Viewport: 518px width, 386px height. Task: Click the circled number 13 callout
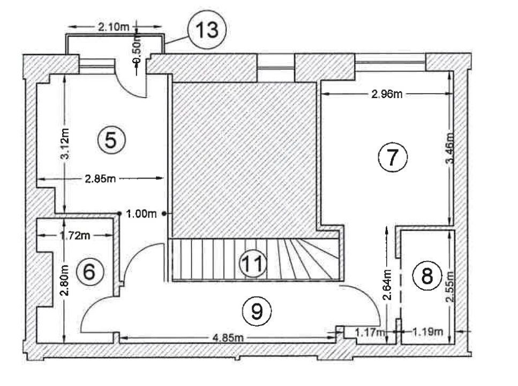(207, 30)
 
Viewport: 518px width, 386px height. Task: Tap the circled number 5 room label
(111, 140)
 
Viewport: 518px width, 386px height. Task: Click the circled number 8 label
(427, 276)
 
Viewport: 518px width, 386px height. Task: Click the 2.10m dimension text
(114, 27)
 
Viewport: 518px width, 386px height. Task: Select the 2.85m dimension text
(100, 179)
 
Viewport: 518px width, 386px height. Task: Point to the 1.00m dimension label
(141, 214)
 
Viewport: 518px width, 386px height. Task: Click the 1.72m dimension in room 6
(73, 234)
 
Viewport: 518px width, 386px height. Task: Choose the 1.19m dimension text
(427, 332)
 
